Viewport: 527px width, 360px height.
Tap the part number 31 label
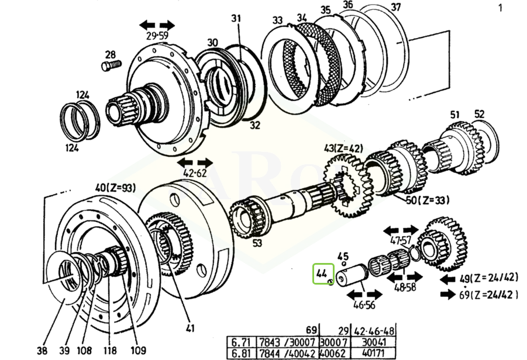[x=236, y=19]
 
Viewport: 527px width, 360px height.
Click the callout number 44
[x=322, y=273]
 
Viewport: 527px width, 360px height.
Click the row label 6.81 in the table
[x=241, y=354]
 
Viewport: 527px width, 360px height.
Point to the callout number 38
[x=42, y=351]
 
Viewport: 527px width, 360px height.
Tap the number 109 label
[x=139, y=351]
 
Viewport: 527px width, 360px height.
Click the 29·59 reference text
[x=157, y=36]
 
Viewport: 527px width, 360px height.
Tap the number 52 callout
[x=480, y=114]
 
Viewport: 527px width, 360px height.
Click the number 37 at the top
[x=396, y=7]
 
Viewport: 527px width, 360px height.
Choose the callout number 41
[x=191, y=327]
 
